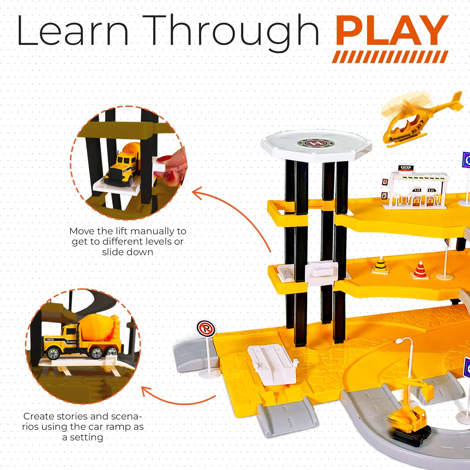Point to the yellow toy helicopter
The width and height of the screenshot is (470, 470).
pyautogui.click(x=420, y=120)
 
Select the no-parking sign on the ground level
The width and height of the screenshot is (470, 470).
pyautogui.click(x=206, y=329)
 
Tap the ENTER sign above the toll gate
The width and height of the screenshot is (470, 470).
pyautogui.click(x=406, y=168)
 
